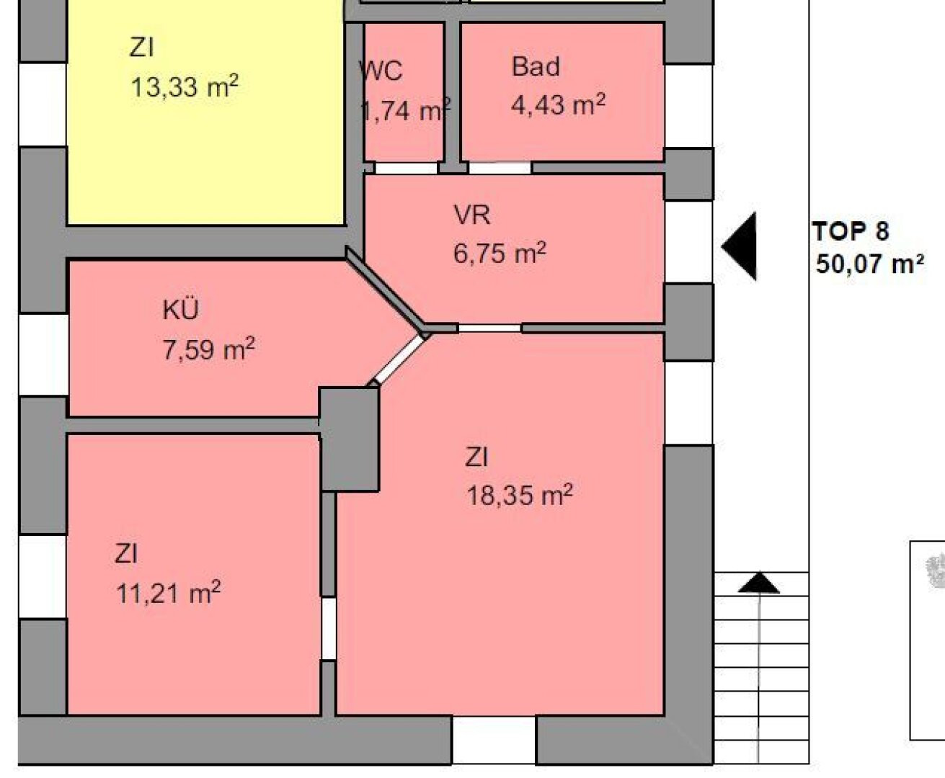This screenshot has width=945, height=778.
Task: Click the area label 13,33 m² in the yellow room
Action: click(185, 86)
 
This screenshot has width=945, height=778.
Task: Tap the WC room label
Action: click(381, 71)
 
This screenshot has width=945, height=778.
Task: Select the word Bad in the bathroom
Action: click(536, 66)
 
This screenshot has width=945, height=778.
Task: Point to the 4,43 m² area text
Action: click(558, 104)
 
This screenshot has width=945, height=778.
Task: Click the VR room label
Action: click(472, 215)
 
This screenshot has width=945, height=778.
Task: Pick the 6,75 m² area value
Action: click(500, 252)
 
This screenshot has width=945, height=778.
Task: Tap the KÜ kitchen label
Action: click(181, 309)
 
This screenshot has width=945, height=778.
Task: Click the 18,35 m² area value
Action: click(520, 495)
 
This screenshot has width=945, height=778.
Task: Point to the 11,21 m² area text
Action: click(169, 593)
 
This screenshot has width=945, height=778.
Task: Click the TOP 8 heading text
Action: click(851, 231)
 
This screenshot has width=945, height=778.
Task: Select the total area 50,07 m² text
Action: click(869, 264)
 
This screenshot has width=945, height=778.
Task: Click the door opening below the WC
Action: click(407, 168)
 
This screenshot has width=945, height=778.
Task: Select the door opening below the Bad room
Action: click(500, 168)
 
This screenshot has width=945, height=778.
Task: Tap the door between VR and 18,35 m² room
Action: click(489, 328)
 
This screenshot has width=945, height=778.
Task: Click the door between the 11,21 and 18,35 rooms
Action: click(329, 629)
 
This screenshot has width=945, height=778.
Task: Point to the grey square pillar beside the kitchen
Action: click(349, 439)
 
